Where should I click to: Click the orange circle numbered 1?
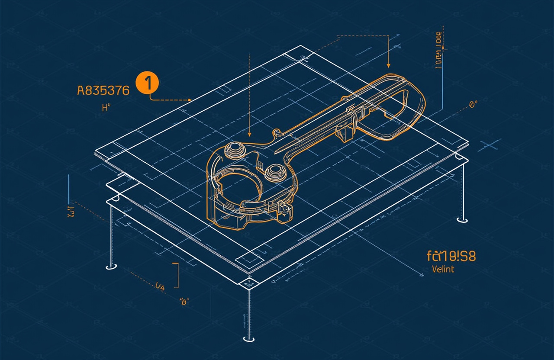coord(148,83)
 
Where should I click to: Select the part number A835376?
coord(103,90)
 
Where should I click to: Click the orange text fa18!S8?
coord(451,256)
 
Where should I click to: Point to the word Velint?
coord(443,269)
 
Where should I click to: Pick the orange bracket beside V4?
coord(177,275)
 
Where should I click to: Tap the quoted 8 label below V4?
coord(185,302)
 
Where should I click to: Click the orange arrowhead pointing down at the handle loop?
coord(388,65)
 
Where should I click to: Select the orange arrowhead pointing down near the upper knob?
coord(250,135)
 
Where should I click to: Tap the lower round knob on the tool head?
coord(274,172)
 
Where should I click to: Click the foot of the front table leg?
coord(248,338)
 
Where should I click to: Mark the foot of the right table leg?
coord(462,220)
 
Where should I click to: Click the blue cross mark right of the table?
coord(490,145)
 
